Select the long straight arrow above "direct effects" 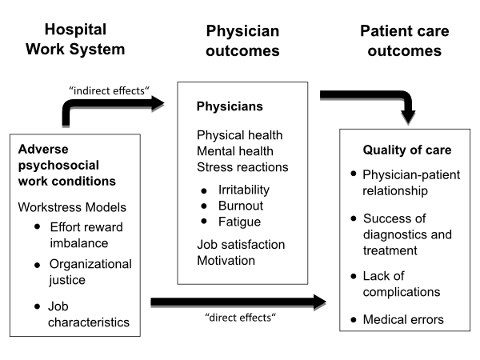point(238,302)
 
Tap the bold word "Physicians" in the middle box point(230,106)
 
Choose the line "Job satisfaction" point(241,245)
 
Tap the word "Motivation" point(226,260)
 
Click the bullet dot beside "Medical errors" point(353,320)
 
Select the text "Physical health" point(239,135)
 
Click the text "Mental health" point(235,150)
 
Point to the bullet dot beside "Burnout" point(204,206)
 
